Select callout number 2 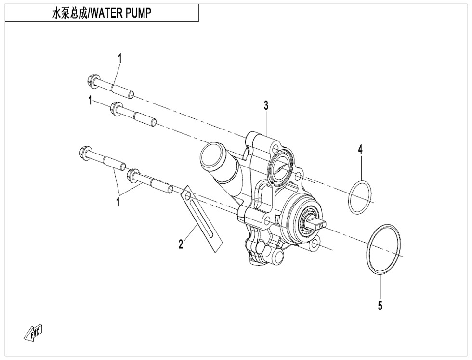coord(181,244)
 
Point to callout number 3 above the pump coord(265,106)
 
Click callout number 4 coord(360,149)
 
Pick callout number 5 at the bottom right coord(380,305)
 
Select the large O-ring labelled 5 coord(384,249)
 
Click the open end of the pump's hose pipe coord(210,158)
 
